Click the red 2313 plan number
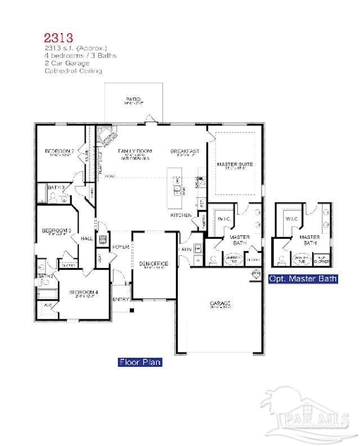click(x=58, y=38)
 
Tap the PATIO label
click(x=133, y=100)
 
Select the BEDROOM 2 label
click(x=60, y=151)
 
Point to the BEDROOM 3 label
click(x=56, y=230)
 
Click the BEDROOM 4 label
click(x=83, y=292)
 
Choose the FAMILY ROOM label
click(x=134, y=151)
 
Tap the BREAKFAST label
click(x=185, y=151)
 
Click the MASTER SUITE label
click(x=235, y=164)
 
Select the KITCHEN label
click(x=181, y=215)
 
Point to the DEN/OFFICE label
click(x=154, y=264)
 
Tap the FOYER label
click(x=120, y=247)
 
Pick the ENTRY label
click(x=120, y=299)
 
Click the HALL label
click(x=87, y=239)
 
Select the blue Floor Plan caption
click(x=140, y=362)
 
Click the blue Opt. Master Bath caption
click(x=303, y=278)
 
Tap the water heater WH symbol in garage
click(x=256, y=273)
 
